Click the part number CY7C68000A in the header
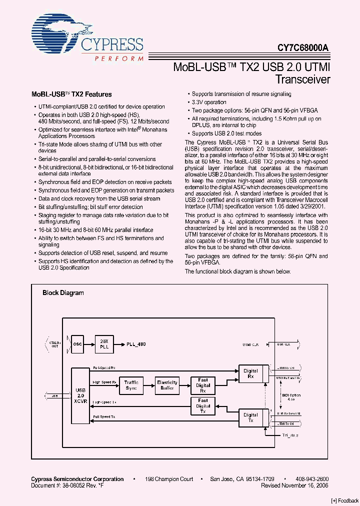tap(303, 48)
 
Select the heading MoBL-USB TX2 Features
tap(71, 94)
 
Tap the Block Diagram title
tap(63, 293)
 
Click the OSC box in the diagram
tap(77, 344)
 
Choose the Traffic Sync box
tap(131, 385)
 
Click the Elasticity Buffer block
tap(167, 385)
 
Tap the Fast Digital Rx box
tap(202, 385)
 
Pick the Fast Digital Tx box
tap(202, 405)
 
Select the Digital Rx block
tap(250, 373)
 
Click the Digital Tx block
tap(250, 417)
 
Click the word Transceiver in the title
tap(303, 79)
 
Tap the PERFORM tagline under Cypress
tap(119, 58)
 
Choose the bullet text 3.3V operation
tap(209, 102)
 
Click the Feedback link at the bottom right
tap(345, 500)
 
